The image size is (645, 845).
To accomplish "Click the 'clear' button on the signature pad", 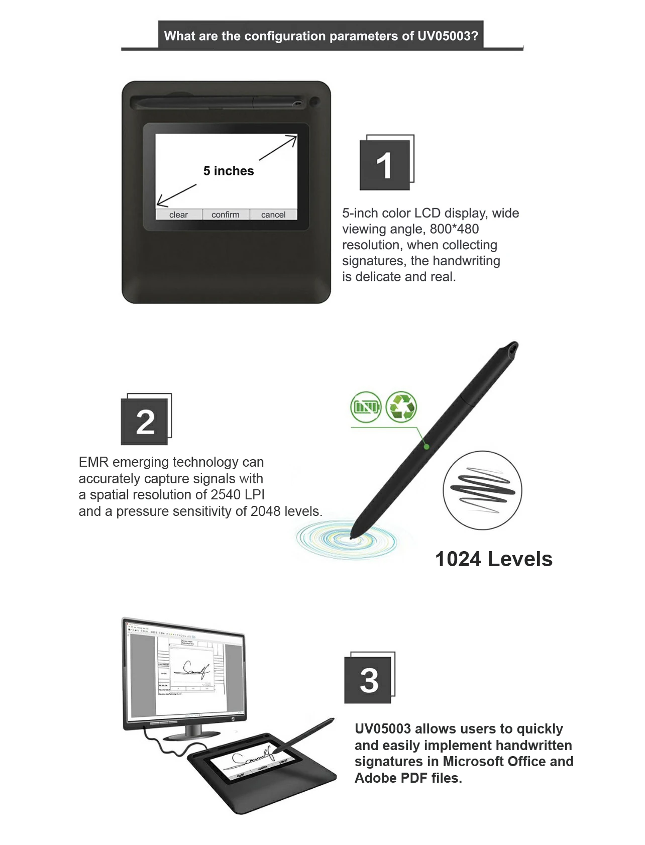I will pyautogui.click(x=178, y=215).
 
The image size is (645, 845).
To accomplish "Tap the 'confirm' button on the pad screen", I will pyautogui.click(x=226, y=215).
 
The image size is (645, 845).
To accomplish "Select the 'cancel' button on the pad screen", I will pyautogui.click(x=273, y=215).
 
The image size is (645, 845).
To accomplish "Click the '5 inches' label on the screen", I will pyautogui.click(x=229, y=171).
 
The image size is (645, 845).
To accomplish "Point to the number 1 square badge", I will pyautogui.click(x=385, y=165).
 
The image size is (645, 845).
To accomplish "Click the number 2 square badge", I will pyautogui.click(x=145, y=421).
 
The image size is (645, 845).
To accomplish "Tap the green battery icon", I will pyautogui.click(x=366, y=406).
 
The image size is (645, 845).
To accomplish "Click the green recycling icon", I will pyautogui.click(x=401, y=406).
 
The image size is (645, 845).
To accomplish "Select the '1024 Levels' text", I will pyautogui.click(x=493, y=559).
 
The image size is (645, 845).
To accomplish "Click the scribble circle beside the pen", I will pyautogui.click(x=482, y=490).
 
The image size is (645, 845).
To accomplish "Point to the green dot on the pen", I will pyautogui.click(x=426, y=446).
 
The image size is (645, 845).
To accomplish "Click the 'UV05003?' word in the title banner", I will pyautogui.click(x=448, y=36).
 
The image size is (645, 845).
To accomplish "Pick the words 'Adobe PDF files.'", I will pyautogui.click(x=408, y=778).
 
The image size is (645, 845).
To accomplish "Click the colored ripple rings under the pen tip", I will pyautogui.click(x=347, y=540).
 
